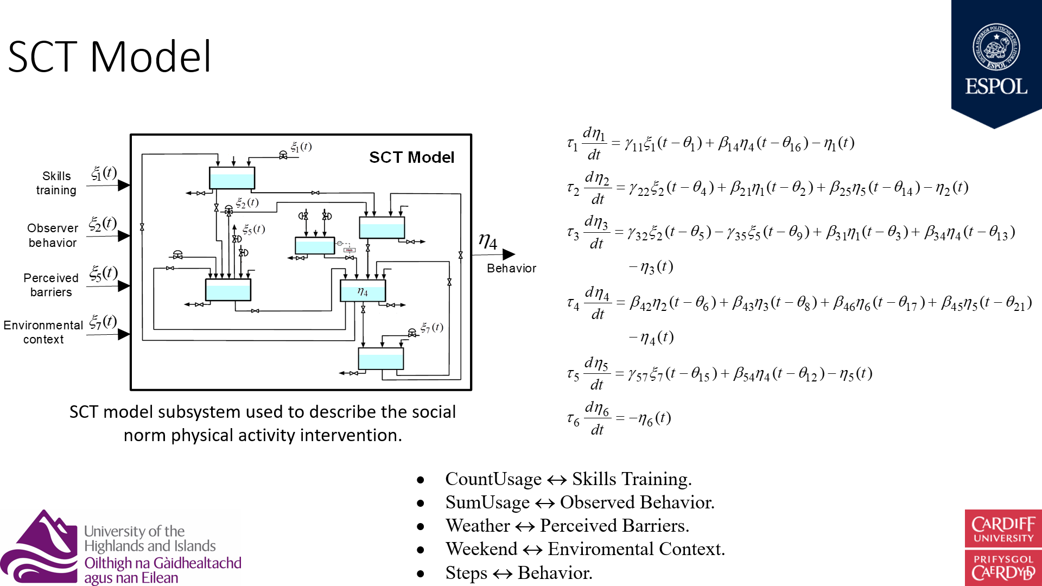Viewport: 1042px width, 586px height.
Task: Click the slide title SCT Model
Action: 110,56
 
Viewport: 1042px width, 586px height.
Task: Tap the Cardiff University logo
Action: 1003,547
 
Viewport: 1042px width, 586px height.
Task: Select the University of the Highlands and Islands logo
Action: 120,547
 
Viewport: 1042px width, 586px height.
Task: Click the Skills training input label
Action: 56,183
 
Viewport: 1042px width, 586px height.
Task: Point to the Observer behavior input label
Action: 53,235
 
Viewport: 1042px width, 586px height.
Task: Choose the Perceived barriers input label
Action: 51,285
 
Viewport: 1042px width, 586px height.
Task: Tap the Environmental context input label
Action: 43,332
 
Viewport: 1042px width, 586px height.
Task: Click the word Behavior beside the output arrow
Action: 511,268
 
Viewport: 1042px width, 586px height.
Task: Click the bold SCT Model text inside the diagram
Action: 411,157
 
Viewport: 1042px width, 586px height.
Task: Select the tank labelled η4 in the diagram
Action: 363,291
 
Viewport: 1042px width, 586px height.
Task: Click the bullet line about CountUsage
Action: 568,479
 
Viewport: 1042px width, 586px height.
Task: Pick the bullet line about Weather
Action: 567,526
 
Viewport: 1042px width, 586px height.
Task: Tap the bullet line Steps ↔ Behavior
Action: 518,573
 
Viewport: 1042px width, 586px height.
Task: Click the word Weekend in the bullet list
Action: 481,549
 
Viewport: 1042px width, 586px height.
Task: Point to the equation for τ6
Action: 619,418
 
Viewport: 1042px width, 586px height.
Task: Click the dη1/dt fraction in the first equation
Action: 594,143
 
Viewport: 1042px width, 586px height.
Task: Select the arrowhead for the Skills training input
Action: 124,185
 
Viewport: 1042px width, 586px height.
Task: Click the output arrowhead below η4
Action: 509,254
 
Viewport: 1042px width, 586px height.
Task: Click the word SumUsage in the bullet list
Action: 487,502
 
